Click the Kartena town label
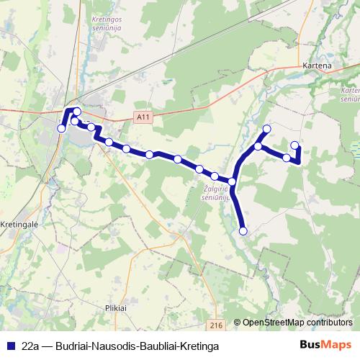[x=318, y=66]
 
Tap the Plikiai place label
[x=115, y=307]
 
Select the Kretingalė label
[x=19, y=224]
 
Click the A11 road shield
[x=143, y=115]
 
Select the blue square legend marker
[x=11, y=346]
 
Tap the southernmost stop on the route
[x=243, y=231]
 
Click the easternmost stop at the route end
[x=294, y=145]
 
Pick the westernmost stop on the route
[x=61, y=128]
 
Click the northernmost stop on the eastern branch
[x=266, y=129]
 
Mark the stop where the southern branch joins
[x=233, y=181]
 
